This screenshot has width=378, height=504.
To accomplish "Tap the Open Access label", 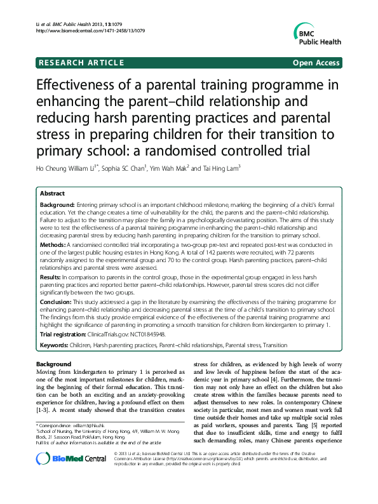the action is [316, 63].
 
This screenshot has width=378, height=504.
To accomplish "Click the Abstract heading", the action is [52, 193].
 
